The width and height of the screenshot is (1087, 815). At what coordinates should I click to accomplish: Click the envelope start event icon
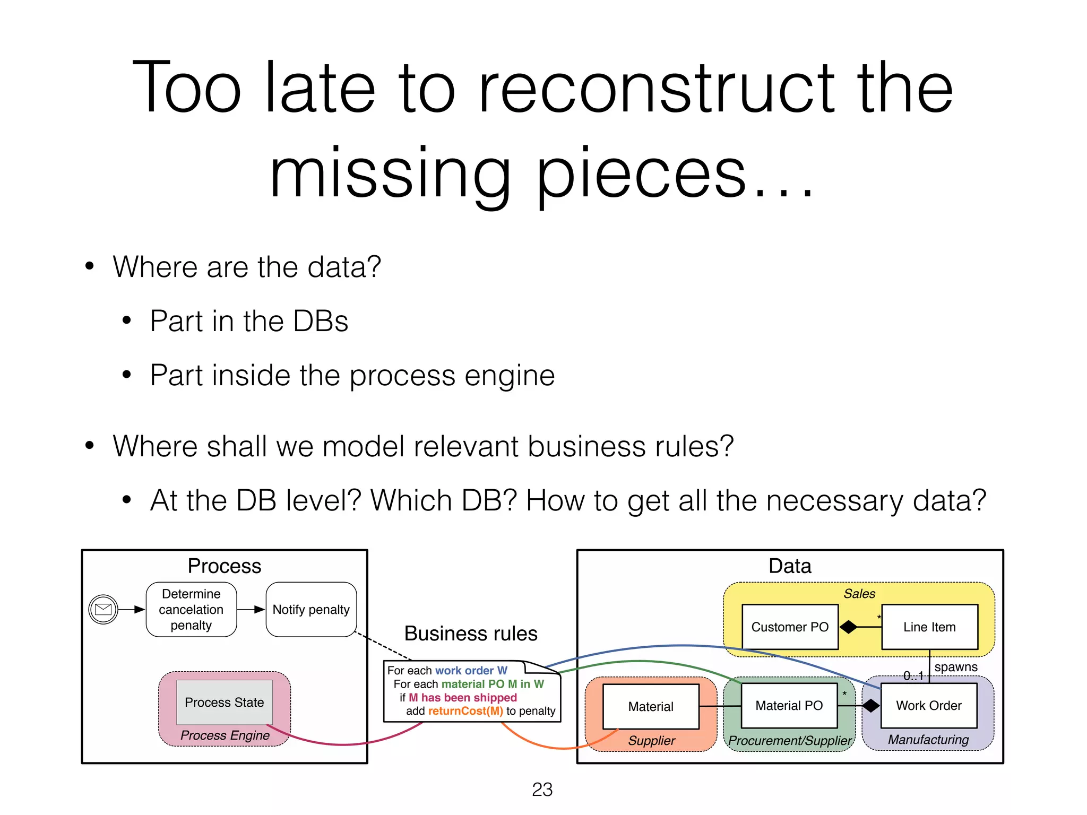(103, 609)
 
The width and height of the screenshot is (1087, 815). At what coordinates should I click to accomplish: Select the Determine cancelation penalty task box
(191, 609)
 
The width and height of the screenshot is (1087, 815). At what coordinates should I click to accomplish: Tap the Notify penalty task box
(311, 609)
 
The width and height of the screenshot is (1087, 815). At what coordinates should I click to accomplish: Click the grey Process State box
(224, 702)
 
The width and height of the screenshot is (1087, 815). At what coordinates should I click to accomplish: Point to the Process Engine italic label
(225, 735)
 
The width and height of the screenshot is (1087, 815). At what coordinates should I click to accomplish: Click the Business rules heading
(471, 634)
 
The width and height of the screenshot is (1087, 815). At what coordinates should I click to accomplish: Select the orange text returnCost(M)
(465, 711)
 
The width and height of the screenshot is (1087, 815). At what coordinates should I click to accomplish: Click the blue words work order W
(471, 671)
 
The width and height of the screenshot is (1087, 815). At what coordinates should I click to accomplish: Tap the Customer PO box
(790, 627)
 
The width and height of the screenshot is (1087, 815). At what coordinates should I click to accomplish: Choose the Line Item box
(929, 627)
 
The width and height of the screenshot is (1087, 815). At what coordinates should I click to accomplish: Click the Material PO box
(789, 706)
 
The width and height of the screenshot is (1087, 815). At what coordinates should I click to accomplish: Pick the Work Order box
(929, 706)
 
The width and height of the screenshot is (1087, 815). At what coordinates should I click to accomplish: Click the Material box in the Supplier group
(651, 706)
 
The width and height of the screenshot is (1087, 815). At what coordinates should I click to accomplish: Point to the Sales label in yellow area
(859, 594)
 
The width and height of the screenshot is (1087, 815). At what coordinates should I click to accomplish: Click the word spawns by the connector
(956, 667)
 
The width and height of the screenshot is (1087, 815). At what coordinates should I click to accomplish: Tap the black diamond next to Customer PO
(848, 627)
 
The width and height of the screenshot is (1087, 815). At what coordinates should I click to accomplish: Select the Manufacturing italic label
(928, 740)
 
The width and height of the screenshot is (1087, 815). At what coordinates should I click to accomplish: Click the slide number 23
(542, 790)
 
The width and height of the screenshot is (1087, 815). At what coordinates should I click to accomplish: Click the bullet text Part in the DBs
(249, 321)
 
